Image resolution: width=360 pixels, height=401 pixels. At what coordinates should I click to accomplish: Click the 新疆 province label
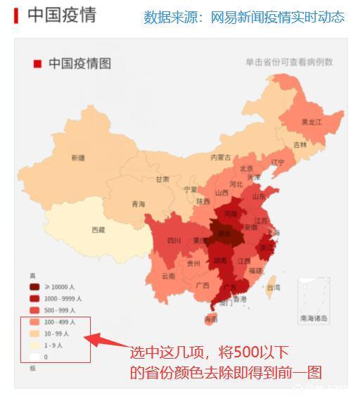78,158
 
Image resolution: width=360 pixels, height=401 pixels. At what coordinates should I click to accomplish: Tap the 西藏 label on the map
98,230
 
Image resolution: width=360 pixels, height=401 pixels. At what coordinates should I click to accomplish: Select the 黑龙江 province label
311,122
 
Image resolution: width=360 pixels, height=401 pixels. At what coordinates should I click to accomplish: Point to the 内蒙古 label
221,157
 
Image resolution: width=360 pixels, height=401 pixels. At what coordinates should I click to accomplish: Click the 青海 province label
139,205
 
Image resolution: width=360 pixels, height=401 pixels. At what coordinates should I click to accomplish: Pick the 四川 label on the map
174,241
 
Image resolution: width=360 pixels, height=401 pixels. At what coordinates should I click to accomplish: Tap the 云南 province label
168,276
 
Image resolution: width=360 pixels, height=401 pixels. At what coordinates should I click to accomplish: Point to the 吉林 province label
300,145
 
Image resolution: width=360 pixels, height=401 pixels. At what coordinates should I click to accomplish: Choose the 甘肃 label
162,179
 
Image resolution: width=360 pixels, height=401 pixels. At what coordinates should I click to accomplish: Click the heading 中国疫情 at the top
61,15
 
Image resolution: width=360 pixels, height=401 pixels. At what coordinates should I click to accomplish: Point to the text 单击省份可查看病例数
289,63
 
